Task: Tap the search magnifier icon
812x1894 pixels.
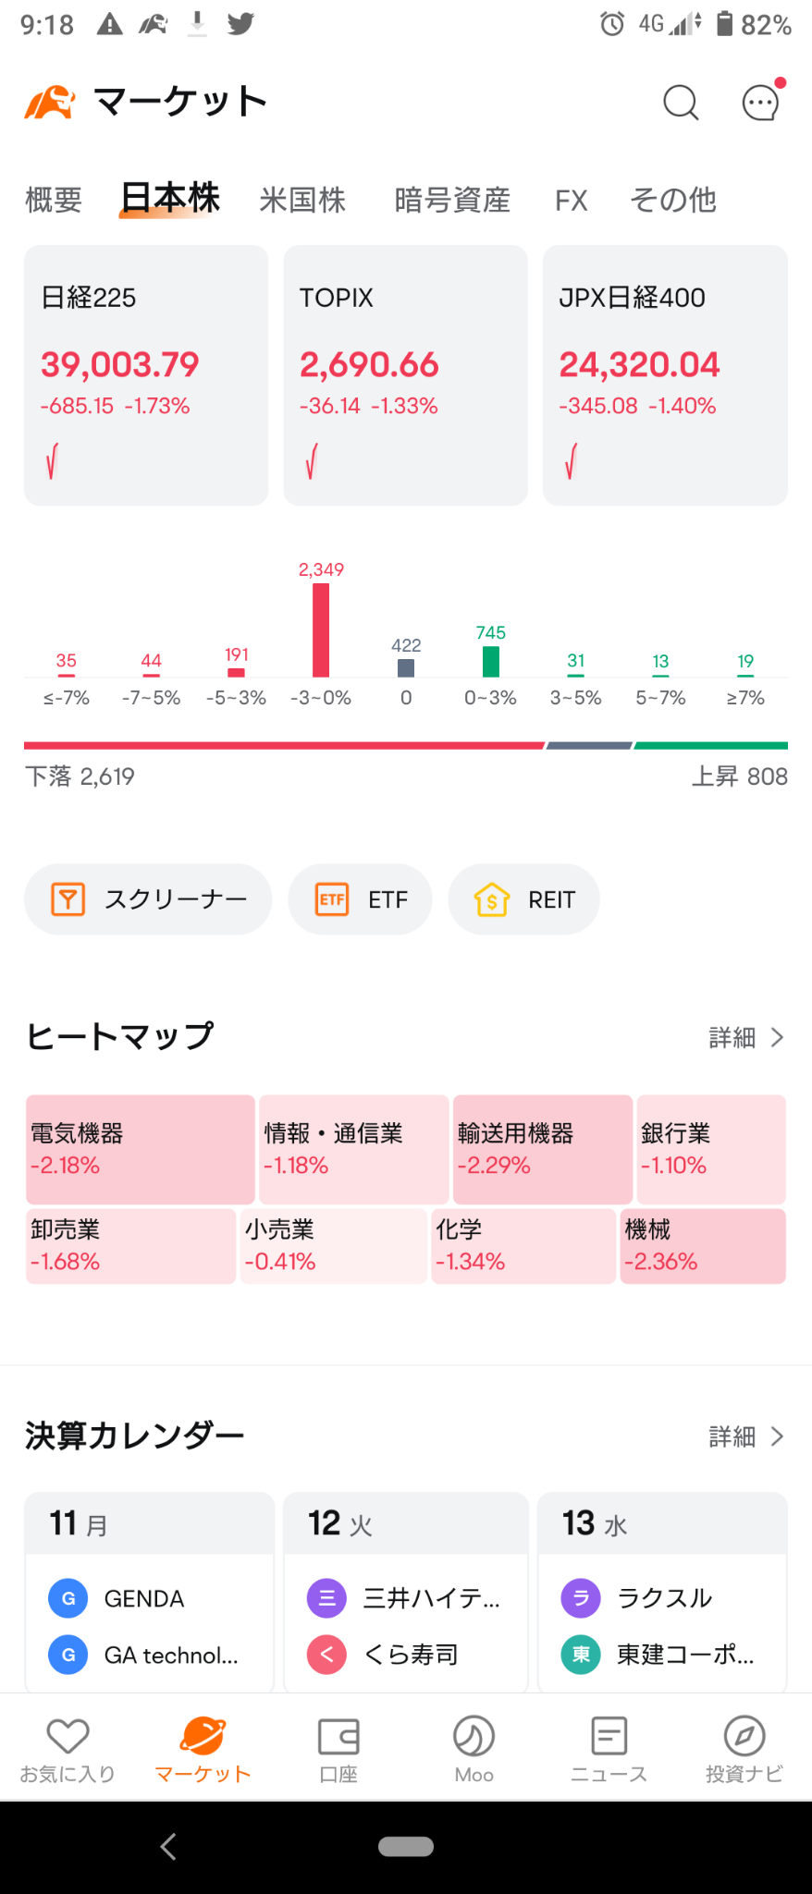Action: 681,103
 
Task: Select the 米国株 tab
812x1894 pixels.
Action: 302,200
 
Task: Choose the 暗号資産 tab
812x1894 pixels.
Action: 452,200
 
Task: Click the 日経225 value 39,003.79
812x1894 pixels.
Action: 119,364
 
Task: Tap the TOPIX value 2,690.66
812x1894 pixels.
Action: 369,364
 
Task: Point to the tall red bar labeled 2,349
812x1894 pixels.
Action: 321,630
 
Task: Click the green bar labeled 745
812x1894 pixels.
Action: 491,662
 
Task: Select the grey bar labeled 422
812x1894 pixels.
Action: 406,667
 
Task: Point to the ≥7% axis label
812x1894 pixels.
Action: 745,698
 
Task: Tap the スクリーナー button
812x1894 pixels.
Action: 148,899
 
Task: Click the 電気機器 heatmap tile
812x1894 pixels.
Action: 141,1149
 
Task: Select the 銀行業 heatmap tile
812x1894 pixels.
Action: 711,1149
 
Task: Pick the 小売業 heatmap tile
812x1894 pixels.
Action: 333,1246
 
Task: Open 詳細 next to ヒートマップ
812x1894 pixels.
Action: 746,1038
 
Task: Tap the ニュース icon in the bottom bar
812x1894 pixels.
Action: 609,1736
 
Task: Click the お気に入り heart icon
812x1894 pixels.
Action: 68,1736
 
